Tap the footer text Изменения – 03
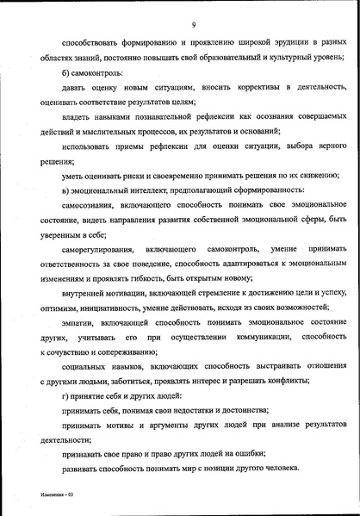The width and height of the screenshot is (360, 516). point(59,496)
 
